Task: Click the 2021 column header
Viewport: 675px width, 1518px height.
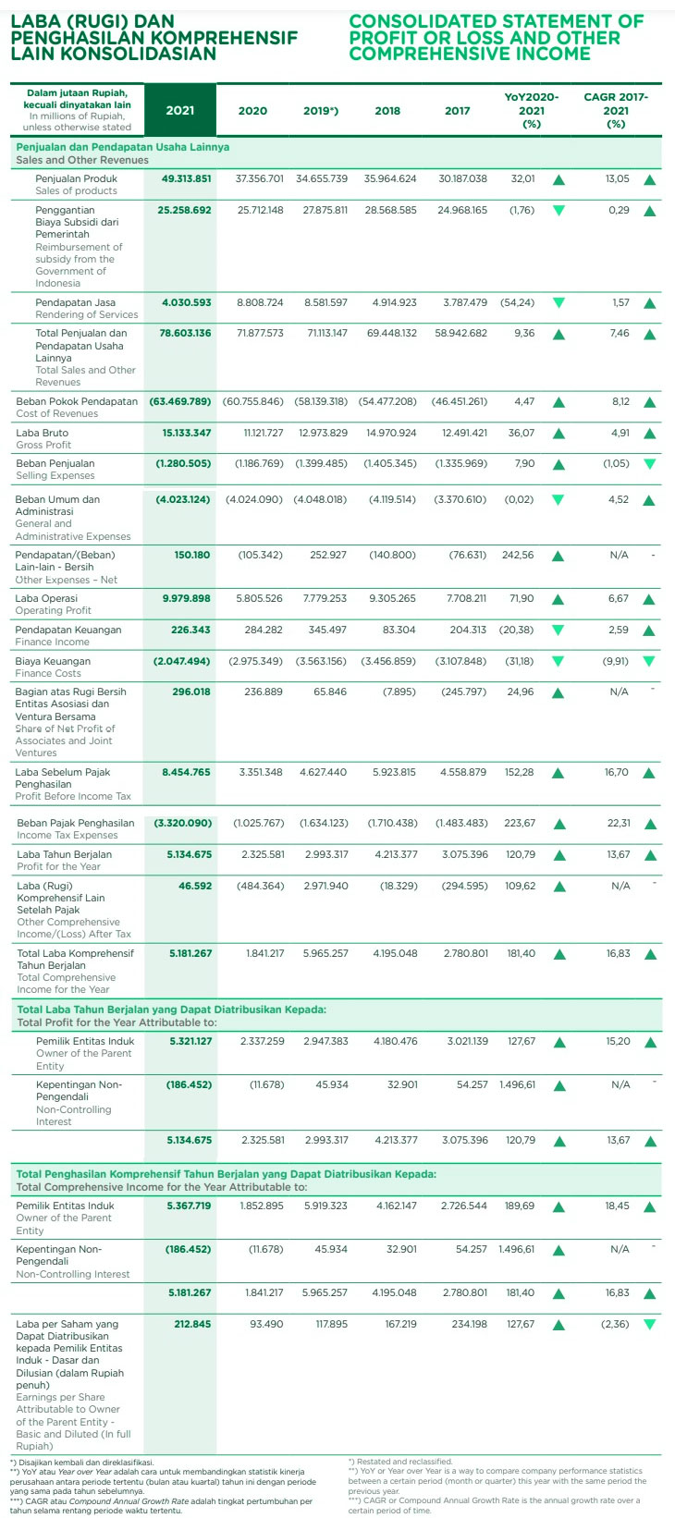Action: [180, 111]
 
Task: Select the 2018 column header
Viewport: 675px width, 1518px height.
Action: [387, 111]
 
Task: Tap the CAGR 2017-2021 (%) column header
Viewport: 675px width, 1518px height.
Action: [616, 110]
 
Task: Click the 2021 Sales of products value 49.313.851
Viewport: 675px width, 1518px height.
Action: [186, 178]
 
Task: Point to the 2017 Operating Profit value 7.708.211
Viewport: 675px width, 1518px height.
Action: [466, 598]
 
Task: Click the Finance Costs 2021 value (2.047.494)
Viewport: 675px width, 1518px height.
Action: [182, 661]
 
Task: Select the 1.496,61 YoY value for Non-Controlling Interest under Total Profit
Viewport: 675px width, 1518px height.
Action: [517, 1084]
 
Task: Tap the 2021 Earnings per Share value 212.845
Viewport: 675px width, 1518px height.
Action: [192, 1324]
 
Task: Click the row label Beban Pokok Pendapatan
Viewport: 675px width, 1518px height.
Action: [77, 401]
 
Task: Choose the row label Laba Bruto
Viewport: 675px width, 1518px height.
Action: [43, 433]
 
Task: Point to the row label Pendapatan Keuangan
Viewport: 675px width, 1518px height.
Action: [68, 630]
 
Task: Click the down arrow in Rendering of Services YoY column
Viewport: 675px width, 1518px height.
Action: [558, 302]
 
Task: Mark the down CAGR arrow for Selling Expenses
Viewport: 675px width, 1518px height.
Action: [649, 464]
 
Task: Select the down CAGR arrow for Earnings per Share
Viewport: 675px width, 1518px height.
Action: [649, 1324]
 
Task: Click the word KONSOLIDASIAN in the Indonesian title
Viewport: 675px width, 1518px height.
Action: [113, 54]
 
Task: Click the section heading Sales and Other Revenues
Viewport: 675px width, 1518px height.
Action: [82, 160]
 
